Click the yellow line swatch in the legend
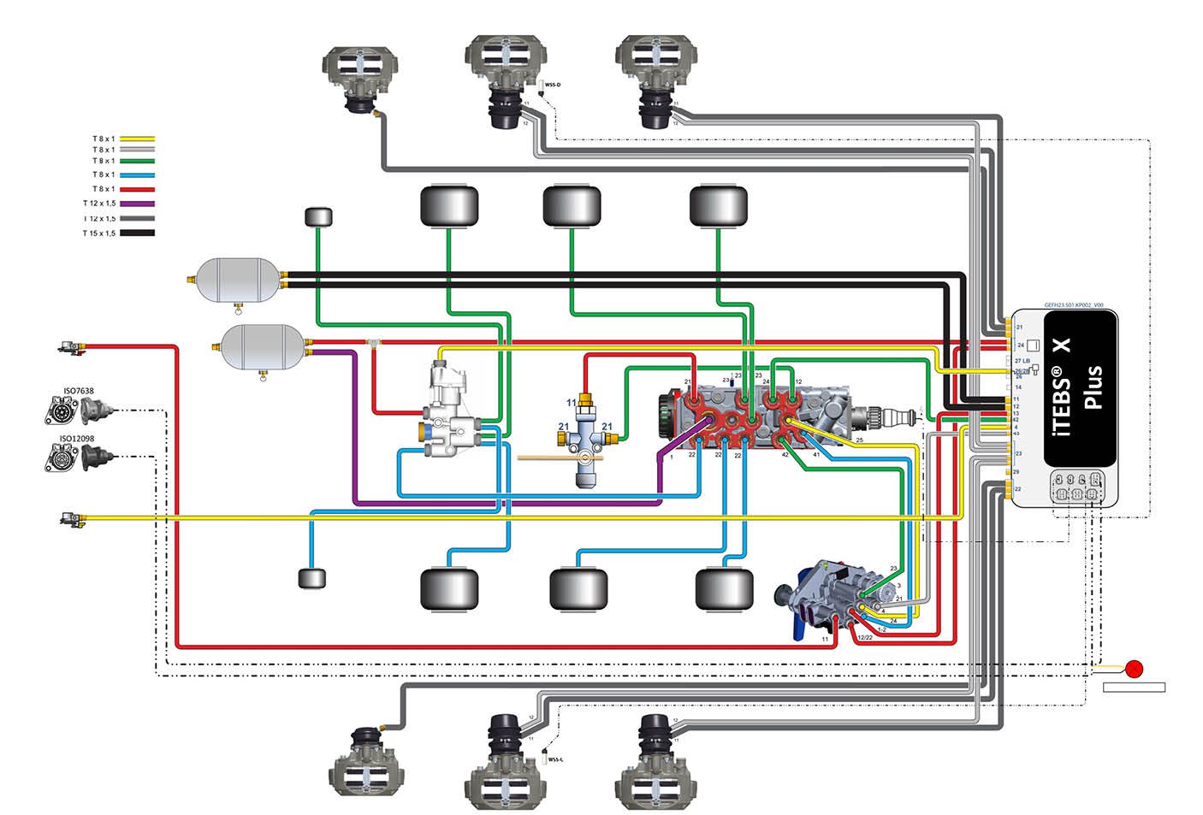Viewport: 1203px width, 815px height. click(x=137, y=139)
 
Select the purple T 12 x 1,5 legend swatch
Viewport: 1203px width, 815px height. click(x=137, y=204)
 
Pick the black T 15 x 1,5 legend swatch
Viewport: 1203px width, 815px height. click(x=137, y=233)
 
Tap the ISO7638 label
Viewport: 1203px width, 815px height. click(x=79, y=391)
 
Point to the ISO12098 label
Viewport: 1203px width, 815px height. click(x=77, y=439)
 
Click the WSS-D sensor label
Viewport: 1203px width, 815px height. click(x=553, y=85)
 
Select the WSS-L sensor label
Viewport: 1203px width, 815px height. click(x=555, y=759)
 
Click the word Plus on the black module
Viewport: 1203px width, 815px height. click(x=1092, y=387)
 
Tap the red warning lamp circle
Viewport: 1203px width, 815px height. click(x=1135, y=669)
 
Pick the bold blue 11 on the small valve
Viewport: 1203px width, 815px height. click(x=572, y=403)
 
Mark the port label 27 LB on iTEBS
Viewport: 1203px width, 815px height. click(x=1022, y=361)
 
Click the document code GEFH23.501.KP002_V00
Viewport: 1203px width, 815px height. click(x=1074, y=305)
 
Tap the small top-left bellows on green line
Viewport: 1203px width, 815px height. click(x=318, y=216)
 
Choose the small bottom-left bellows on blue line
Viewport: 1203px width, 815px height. click(x=312, y=579)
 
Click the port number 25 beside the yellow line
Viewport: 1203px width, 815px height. click(x=859, y=440)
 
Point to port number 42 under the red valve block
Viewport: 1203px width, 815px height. click(x=785, y=455)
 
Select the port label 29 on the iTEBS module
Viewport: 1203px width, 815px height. click(x=1016, y=471)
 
